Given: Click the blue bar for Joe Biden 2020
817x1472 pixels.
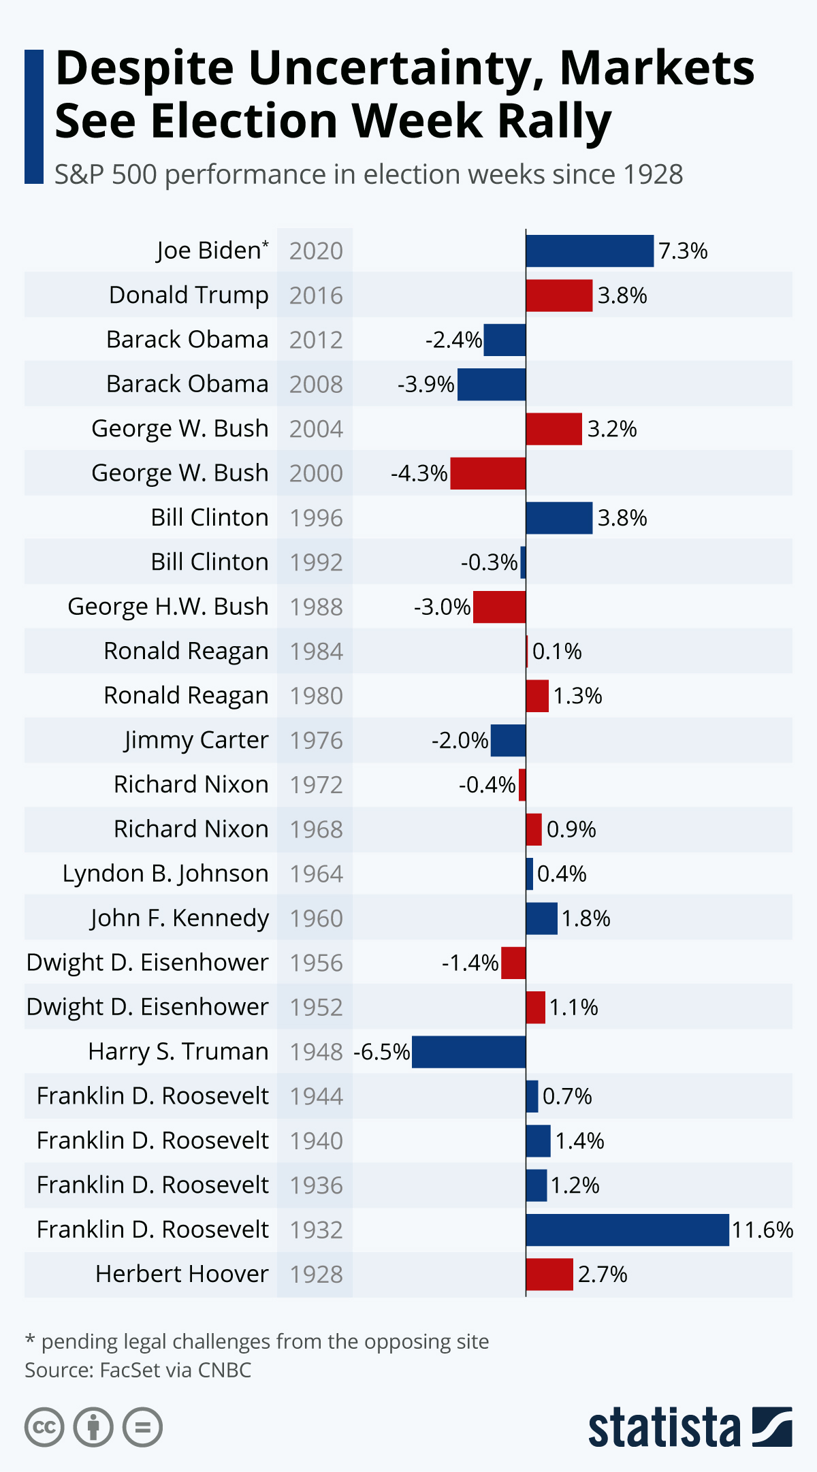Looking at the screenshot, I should coord(590,251).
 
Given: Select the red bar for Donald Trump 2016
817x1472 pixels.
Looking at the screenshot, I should coord(559,295).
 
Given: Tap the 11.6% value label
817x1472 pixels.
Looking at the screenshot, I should coord(762,1230).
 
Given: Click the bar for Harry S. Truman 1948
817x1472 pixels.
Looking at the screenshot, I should coord(468,1052).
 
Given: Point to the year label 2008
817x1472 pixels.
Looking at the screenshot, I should coord(316,385).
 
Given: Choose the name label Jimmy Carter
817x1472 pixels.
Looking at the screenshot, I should coord(196,740).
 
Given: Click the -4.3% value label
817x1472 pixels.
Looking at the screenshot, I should coord(419,473).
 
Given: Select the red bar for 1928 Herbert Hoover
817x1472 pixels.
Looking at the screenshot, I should coord(549,1274).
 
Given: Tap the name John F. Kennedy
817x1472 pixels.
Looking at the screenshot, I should coord(180,918).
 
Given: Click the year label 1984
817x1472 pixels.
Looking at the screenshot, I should coord(316,652).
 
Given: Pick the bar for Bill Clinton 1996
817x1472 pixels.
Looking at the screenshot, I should coord(559,518).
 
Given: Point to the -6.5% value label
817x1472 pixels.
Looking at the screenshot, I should coord(381,1052).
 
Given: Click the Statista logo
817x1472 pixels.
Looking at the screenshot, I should coord(689,1427).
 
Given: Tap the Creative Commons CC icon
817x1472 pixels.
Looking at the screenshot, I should coord(44,1427).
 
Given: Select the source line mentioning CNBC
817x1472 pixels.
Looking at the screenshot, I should coord(138,1370).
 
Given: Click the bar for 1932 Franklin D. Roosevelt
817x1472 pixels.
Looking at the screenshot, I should coord(627,1230).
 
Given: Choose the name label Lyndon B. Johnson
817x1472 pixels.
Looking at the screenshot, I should coord(165,874).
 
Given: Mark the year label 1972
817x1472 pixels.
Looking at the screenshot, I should coord(316,785).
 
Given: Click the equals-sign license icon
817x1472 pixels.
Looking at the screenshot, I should coord(142,1427).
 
